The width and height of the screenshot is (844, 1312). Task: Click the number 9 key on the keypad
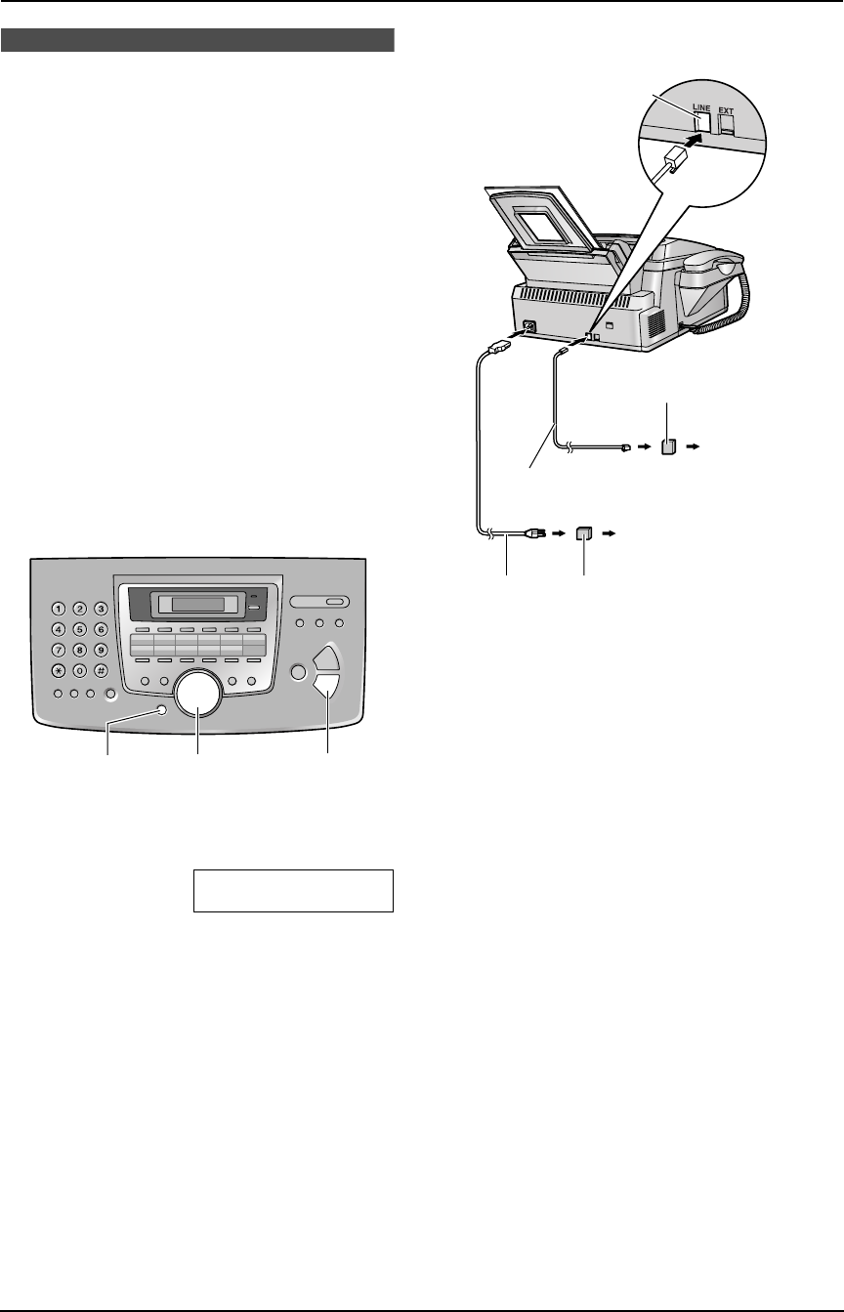(x=101, y=649)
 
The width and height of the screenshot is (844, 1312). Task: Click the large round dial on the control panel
(x=198, y=693)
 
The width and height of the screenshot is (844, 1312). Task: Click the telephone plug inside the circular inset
(x=673, y=164)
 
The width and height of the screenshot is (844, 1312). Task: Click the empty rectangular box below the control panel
(x=293, y=889)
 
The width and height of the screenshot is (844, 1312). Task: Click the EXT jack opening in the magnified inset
(x=728, y=121)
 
